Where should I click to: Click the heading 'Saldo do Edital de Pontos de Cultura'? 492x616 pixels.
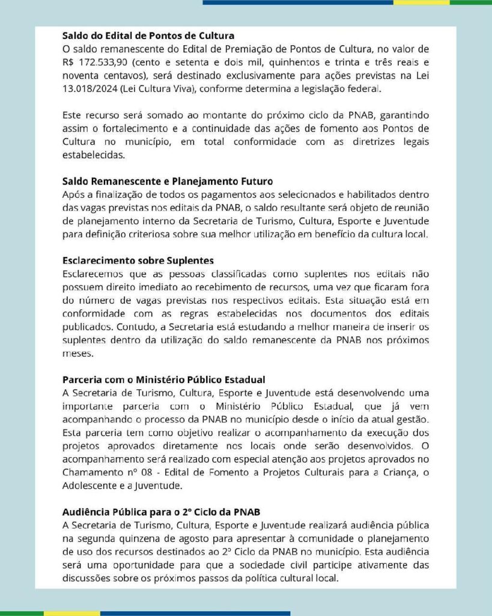click(148, 35)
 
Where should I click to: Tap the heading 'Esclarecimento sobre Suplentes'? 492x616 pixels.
click(138, 260)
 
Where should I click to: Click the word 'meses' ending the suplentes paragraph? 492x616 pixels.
click(77, 353)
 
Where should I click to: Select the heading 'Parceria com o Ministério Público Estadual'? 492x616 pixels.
click(164, 380)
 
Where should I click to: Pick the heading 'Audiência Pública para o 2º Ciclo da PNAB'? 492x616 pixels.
click(162, 512)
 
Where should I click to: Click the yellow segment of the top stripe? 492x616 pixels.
click(421, 2)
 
